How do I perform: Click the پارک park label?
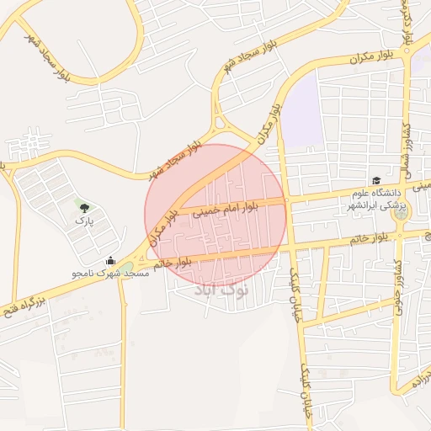click(x=82, y=220)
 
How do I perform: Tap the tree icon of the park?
click(x=82, y=205)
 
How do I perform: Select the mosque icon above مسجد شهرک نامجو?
click(x=110, y=261)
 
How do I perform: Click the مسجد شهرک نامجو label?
click(x=110, y=274)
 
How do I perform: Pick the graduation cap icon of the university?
click(x=376, y=180)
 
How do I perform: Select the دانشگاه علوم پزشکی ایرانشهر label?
click(x=376, y=199)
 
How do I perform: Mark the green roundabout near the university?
click(x=400, y=214)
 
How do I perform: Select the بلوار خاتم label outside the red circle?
click(x=370, y=240)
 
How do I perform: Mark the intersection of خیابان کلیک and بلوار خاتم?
click(x=291, y=249)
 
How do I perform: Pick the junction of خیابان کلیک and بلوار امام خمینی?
click(x=286, y=201)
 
